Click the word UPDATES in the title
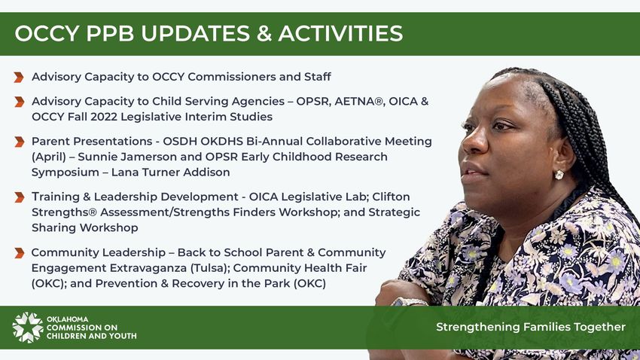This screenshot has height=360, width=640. (195, 33)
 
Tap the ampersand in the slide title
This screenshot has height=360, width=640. (264, 33)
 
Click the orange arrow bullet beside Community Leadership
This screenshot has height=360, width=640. (19, 253)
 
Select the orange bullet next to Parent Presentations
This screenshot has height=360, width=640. (19, 142)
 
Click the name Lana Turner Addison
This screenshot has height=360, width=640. (171, 172)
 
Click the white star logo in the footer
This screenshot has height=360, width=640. (27, 328)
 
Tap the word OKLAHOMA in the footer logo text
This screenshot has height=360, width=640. (67, 319)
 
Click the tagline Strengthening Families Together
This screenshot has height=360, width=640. (531, 327)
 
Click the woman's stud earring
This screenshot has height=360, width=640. (559, 175)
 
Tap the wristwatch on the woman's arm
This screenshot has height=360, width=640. (410, 302)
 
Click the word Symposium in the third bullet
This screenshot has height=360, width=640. (66, 172)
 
